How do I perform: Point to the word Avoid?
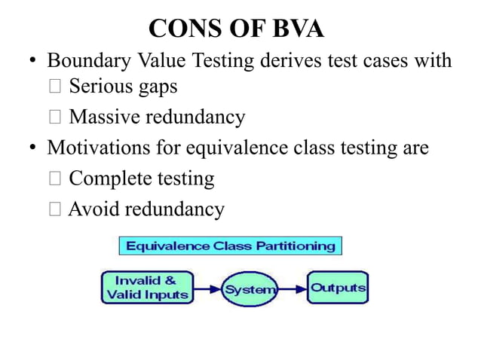pos(93,209)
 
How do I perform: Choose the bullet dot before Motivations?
pos(32,148)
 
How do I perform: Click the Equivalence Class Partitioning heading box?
pos(231,246)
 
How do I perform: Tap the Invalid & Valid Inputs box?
pos(147,288)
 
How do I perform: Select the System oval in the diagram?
pos(249,288)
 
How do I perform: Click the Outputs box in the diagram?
pos(338,288)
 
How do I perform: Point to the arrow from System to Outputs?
pos(292,288)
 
